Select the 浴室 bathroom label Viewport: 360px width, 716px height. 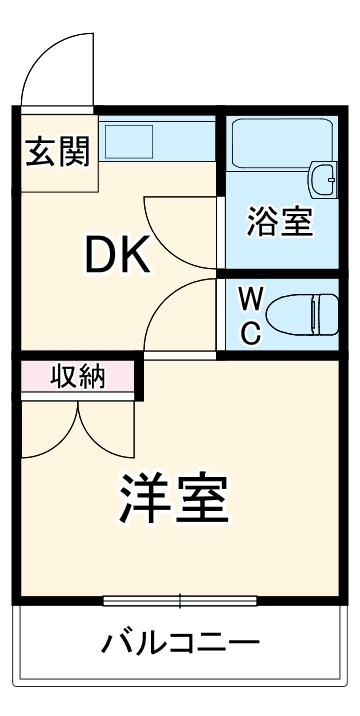click(280, 222)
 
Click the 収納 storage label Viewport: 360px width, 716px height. click(78, 378)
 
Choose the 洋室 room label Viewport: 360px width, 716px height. click(176, 497)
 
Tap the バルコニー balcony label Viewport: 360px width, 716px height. click(180, 641)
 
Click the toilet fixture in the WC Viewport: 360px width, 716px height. click(305, 314)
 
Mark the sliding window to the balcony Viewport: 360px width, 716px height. click(180, 601)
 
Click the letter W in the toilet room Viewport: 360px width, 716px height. click(252, 297)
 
